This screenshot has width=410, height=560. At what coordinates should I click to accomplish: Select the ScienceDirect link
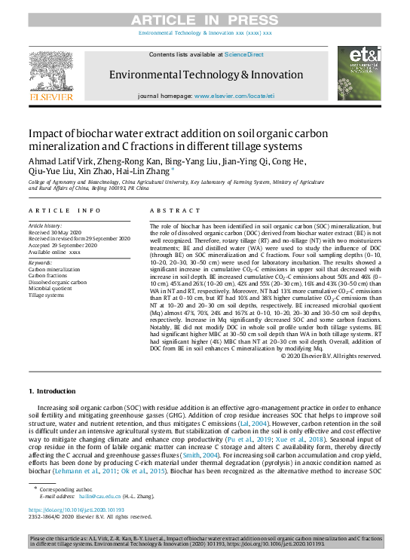pos(244,55)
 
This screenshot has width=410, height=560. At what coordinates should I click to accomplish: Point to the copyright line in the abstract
pos(331,355)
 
